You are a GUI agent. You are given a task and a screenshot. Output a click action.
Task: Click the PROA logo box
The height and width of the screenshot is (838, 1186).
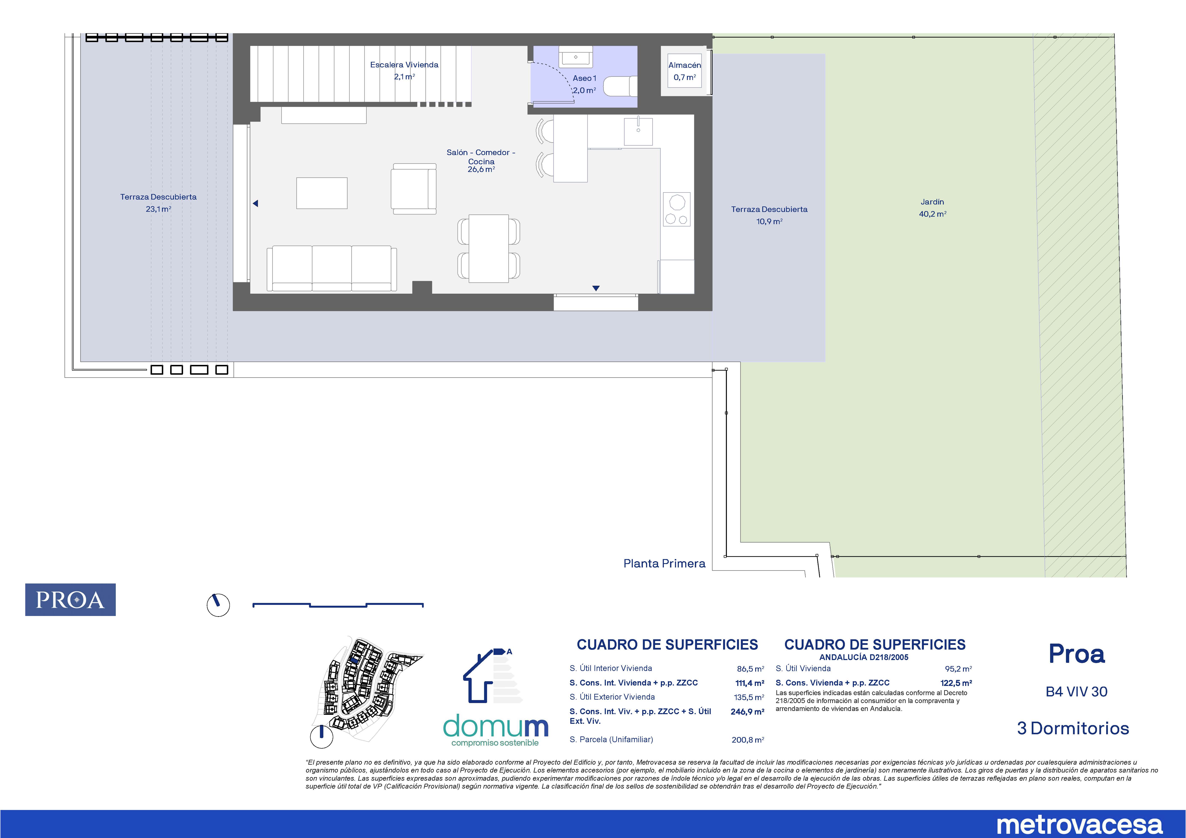(x=70, y=600)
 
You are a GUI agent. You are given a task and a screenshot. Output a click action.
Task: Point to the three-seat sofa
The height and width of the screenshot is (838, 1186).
(x=332, y=268)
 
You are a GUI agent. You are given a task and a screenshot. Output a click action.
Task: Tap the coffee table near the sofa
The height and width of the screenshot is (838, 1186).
(x=322, y=193)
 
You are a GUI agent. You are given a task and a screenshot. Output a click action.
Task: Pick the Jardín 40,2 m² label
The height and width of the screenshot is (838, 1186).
(x=932, y=207)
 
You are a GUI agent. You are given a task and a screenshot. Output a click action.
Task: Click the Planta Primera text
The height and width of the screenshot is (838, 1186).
(x=664, y=563)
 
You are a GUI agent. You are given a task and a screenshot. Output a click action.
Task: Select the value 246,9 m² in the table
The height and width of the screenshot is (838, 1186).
(x=748, y=712)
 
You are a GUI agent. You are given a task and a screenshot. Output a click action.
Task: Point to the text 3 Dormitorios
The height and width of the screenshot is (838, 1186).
(x=1073, y=728)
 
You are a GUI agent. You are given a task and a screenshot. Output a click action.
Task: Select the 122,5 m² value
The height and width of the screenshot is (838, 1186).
(x=956, y=683)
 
